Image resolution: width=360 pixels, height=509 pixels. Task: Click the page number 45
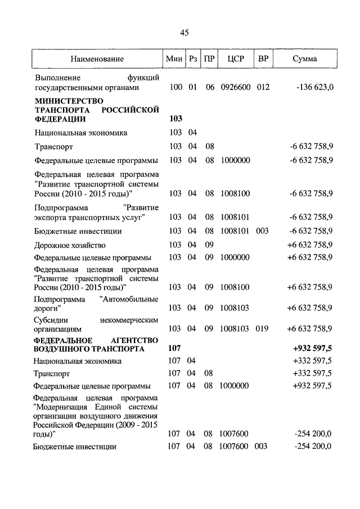tap(184, 33)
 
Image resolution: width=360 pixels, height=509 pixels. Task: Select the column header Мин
tap(172, 58)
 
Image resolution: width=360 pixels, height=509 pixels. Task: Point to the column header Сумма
tap(304, 58)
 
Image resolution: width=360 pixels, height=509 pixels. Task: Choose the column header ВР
tap(263, 58)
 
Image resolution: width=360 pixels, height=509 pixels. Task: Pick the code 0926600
tap(235, 88)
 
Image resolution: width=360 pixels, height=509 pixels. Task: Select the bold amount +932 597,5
tap(313, 349)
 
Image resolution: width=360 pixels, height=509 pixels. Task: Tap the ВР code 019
tap(263, 328)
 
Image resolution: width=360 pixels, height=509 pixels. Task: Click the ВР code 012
tap(263, 88)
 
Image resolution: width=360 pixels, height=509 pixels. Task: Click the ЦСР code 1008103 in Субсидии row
tap(235, 328)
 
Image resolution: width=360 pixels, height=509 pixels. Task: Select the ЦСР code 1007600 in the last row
tap(235, 447)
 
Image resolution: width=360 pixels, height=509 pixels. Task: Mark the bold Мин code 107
tap(174, 349)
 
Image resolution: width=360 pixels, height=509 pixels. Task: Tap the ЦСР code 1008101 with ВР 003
tap(235, 231)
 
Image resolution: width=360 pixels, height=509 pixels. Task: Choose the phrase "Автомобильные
tap(129, 299)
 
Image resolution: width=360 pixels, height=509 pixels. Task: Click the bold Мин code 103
tap(174, 119)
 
